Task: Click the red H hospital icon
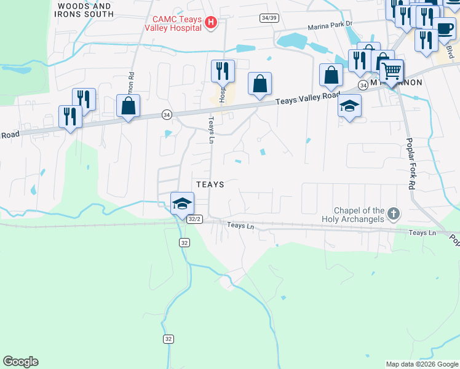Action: tap(211, 23)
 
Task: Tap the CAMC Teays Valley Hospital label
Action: tap(175, 23)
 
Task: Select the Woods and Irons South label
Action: tap(84, 9)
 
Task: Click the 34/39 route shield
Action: tap(268, 18)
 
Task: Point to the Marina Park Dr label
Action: tap(330, 25)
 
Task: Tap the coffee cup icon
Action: tap(445, 29)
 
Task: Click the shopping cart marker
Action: tap(391, 71)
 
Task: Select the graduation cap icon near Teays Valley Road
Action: tap(349, 106)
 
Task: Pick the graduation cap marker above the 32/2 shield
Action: tap(182, 204)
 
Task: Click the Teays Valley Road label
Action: tap(307, 98)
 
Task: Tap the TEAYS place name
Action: tap(209, 184)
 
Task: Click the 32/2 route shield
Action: tap(195, 219)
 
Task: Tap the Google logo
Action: tap(20, 362)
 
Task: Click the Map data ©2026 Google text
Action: tap(421, 364)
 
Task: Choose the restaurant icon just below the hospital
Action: tap(222, 71)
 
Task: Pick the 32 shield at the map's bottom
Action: tap(169, 339)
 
